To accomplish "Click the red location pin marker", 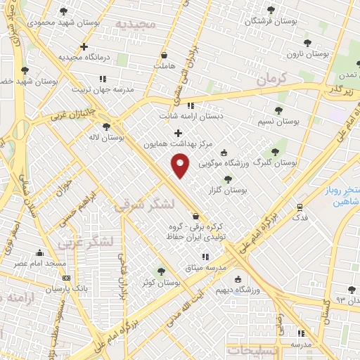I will (x=181, y=166).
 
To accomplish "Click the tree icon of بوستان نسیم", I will (x=279, y=110).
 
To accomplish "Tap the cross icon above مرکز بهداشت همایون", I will (x=178, y=133).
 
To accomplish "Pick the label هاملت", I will (x=163, y=66).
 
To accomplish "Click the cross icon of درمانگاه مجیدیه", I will (x=84, y=47).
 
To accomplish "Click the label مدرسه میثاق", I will (x=205, y=268).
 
